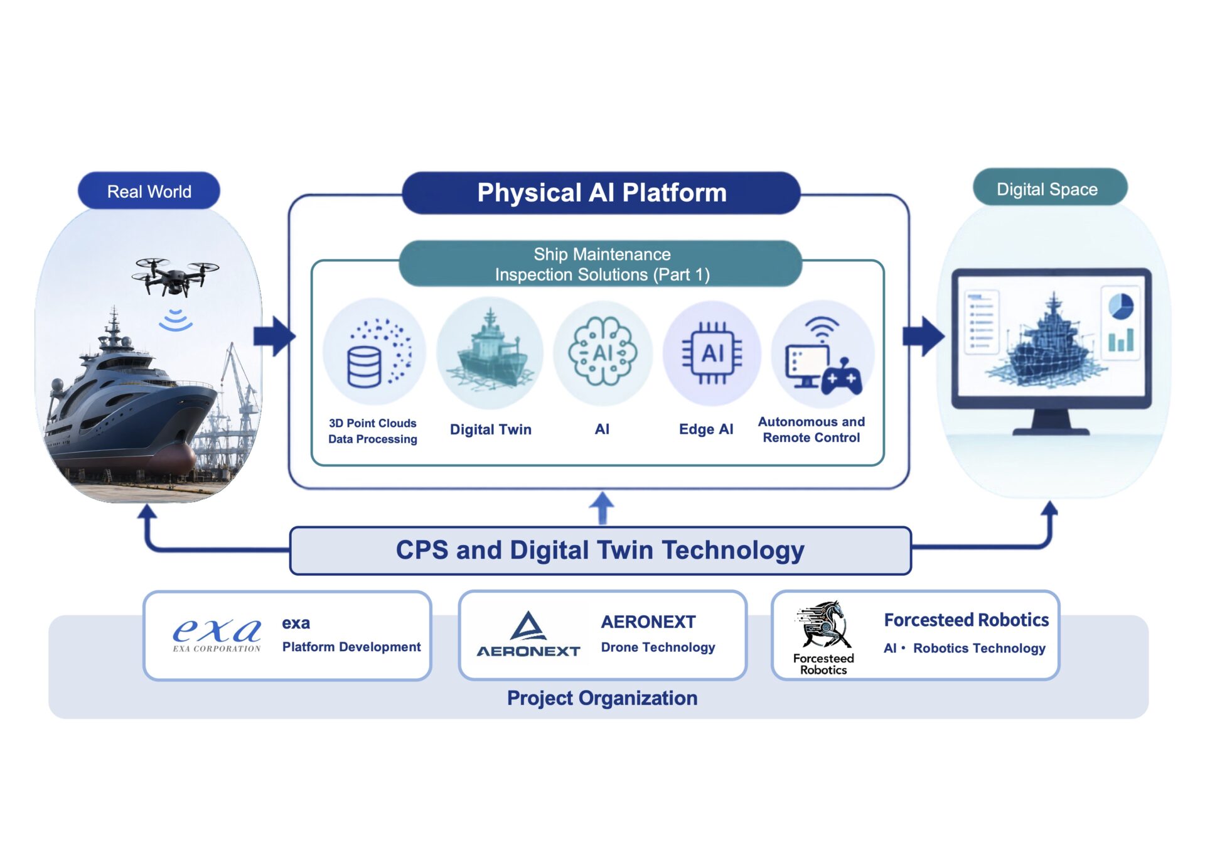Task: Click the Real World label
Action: point(149,191)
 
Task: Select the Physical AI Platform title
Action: point(601,193)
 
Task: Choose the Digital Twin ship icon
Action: point(491,352)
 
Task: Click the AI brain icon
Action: point(602,352)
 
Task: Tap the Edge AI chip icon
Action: point(712,353)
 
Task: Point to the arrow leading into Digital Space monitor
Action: point(923,336)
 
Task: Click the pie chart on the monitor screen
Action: point(1121,307)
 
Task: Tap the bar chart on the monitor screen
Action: point(1121,340)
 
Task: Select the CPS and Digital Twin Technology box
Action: point(601,551)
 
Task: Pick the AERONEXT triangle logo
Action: point(528,627)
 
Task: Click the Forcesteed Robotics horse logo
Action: point(823,625)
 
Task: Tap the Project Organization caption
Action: point(602,698)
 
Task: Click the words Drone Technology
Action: point(658,647)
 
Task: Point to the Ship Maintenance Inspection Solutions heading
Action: point(601,264)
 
